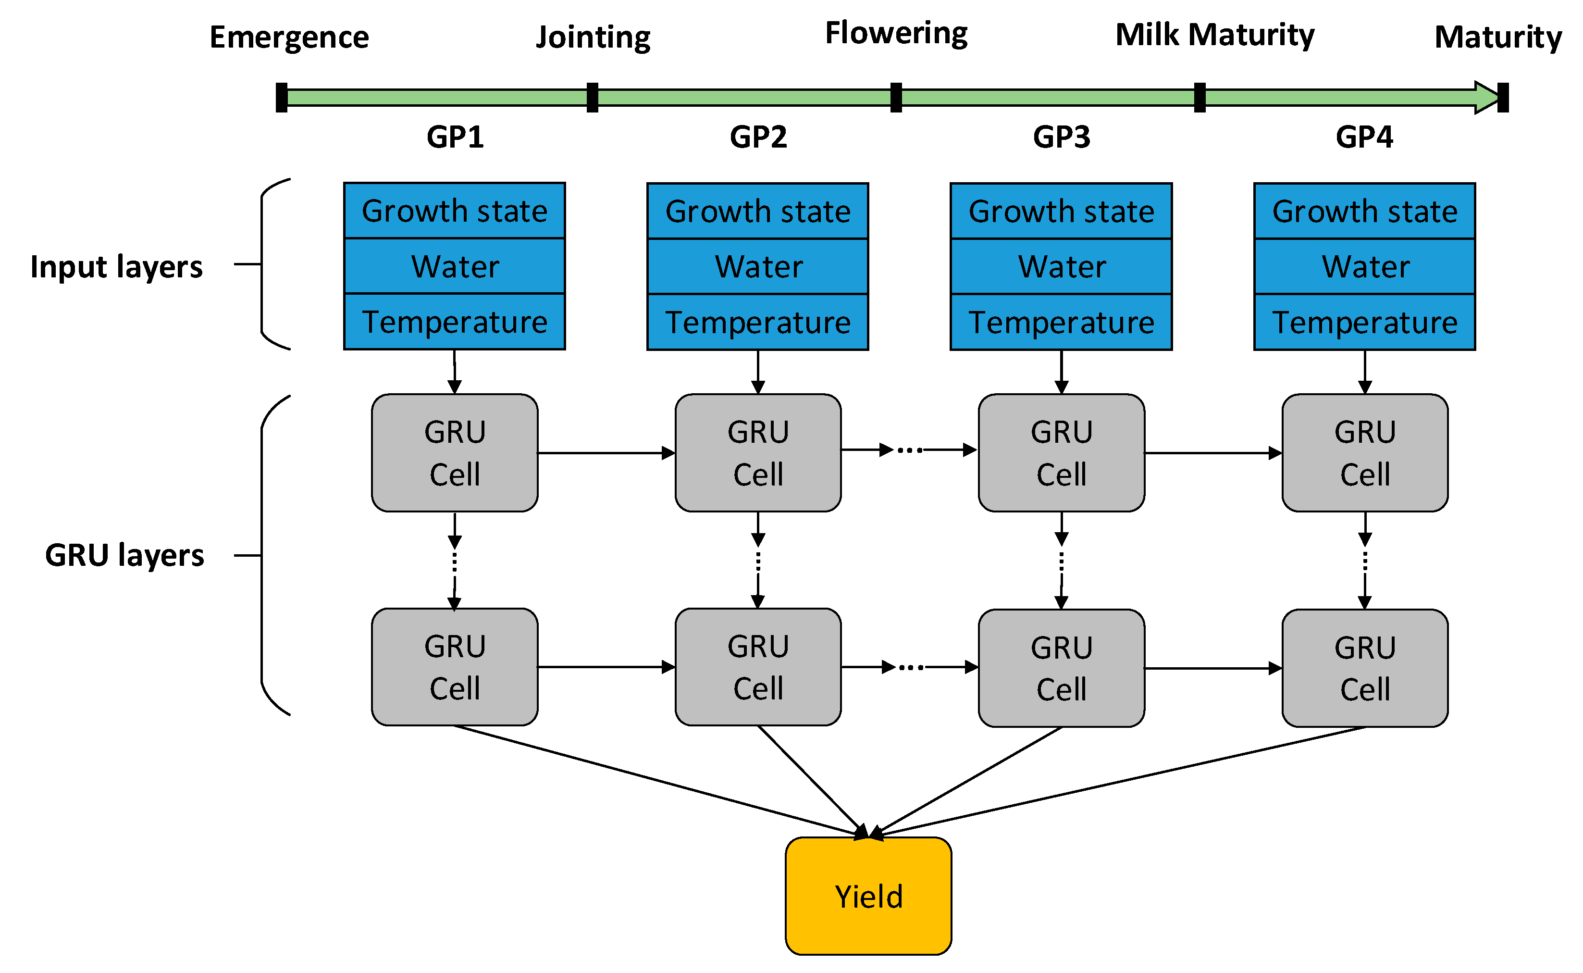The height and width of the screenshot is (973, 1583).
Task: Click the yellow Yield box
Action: (x=868, y=895)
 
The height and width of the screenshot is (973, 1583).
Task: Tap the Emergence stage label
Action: (x=289, y=37)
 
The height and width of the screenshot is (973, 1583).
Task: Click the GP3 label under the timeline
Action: (x=1061, y=137)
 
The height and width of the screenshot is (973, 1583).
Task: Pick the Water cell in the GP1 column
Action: (x=454, y=266)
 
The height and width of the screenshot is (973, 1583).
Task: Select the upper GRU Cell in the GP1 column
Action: (x=454, y=452)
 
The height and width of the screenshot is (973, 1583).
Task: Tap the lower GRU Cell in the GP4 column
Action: (x=1364, y=668)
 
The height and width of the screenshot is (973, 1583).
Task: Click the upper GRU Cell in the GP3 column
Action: (x=1061, y=452)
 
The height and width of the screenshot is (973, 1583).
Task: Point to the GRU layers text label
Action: (x=124, y=555)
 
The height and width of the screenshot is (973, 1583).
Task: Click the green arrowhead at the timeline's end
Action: (x=1486, y=98)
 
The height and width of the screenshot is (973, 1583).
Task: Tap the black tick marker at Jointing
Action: (x=593, y=98)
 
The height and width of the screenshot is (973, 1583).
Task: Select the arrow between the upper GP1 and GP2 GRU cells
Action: (x=605, y=453)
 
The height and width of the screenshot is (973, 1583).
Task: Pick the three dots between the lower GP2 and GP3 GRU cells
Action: (x=911, y=667)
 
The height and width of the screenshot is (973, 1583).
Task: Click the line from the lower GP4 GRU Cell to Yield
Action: (x=1119, y=781)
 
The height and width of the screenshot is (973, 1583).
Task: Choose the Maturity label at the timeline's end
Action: (x=1497, y=37)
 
